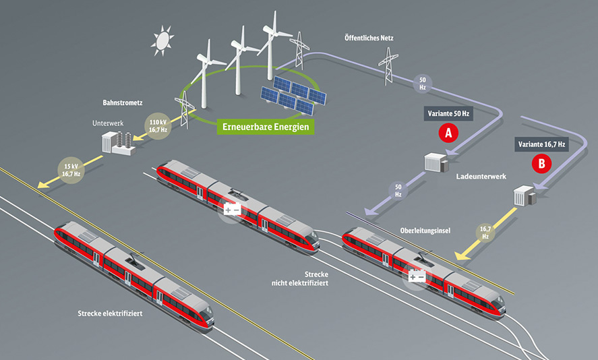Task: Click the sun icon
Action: [162, 40]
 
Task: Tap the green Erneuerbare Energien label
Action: [266, 127]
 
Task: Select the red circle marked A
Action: [448, 133]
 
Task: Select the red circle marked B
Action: [541, 164]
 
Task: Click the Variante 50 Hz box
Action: [448, 114]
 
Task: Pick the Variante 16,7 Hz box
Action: [541, 144]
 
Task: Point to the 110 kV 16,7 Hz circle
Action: [158, 126]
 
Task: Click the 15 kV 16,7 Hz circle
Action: [71, 170]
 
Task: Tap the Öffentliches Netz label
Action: [369, 38]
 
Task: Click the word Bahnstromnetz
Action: [123, 102]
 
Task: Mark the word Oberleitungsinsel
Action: [425, 231]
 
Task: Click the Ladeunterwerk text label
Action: [481, 177]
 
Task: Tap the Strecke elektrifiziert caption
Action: [110, 313]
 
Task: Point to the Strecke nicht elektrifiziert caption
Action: [300, 279]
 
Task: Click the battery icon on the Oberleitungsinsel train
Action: [417, 276]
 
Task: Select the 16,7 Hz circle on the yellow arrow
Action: [485, 233]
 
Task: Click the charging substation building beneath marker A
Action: [436, 162]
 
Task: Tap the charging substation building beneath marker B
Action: [525, 196]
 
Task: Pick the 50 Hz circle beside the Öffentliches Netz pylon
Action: [423, 84]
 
